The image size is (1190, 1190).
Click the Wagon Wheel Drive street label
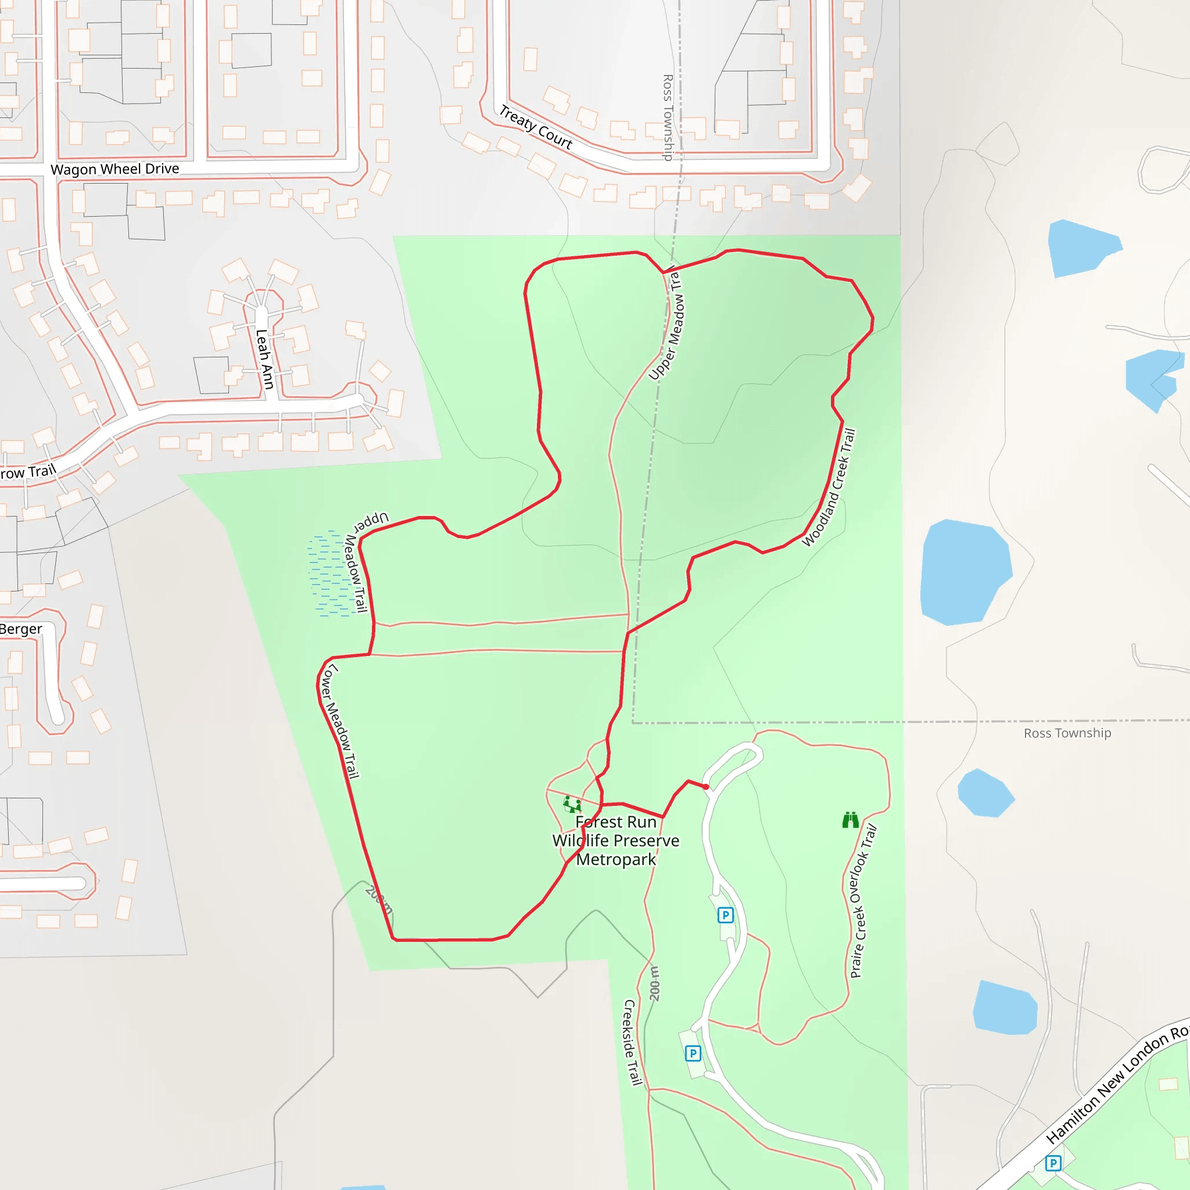coord(114,169)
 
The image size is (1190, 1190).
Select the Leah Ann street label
coord(264,359)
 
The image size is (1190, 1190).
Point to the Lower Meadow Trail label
coord(339,721)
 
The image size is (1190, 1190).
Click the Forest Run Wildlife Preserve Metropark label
coord(615,840)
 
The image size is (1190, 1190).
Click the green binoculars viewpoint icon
coord(851,820)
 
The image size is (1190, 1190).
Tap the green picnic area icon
coord(572,804)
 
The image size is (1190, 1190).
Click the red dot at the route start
coord(706,787)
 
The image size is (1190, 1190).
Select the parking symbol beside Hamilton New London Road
coord(1053,1163)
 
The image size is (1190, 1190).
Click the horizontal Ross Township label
coord(1067,733)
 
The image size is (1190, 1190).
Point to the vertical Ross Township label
coord(667,117)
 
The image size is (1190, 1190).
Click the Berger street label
coord(21,629)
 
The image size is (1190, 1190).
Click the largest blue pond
coord(965,572)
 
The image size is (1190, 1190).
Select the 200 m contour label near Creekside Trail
coord(655,983)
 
